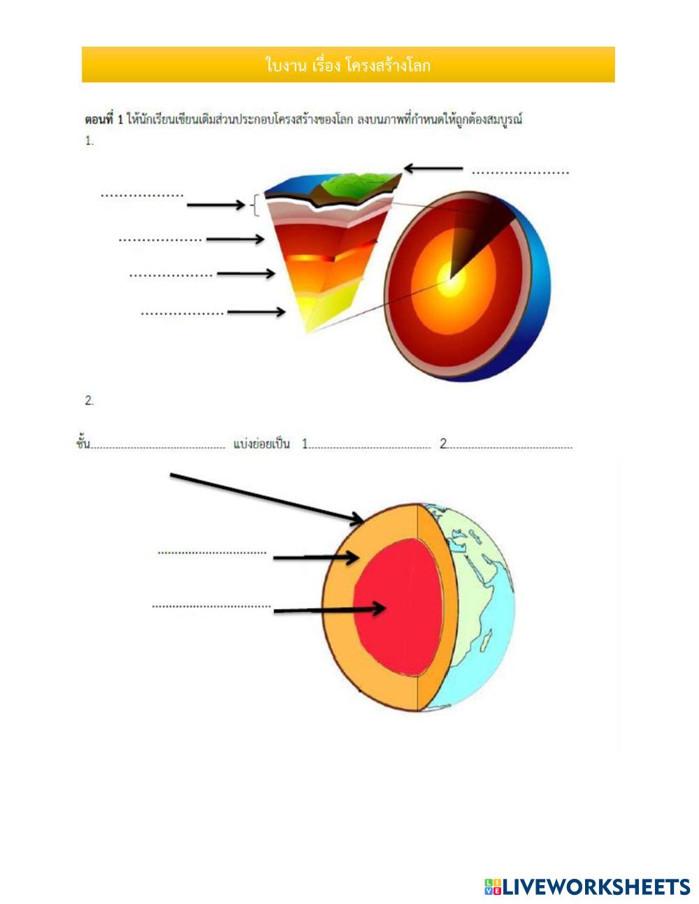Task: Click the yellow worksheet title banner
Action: (348, 65)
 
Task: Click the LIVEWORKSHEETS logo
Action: (587, 887)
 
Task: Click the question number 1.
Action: (89, 140)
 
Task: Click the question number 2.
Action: (89, 400)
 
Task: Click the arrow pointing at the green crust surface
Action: (433, 168)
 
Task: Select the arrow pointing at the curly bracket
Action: (215, 205)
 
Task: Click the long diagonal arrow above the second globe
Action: (266, 497)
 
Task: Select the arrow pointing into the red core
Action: (329, 610)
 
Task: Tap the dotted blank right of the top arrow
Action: (521, 172)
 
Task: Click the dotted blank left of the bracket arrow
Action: (142, 196)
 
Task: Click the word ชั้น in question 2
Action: (83, 444)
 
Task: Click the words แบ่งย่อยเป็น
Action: (261, 444)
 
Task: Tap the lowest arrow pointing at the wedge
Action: (256, 312)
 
